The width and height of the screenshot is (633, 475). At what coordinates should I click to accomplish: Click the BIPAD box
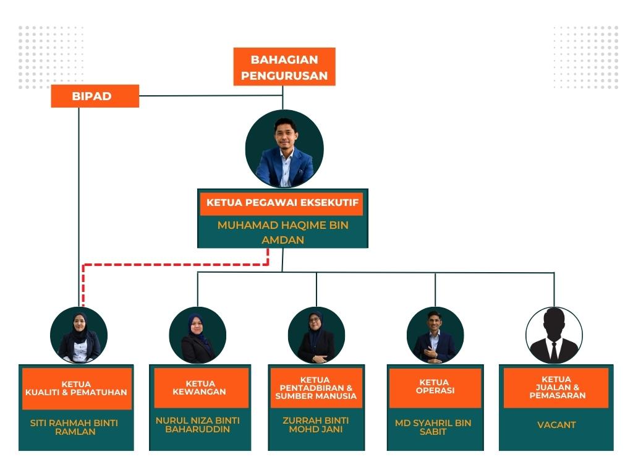point(95,96)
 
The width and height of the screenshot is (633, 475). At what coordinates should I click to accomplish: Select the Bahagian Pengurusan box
point(284,68)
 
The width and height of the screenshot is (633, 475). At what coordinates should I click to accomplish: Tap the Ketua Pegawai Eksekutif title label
point(283,203)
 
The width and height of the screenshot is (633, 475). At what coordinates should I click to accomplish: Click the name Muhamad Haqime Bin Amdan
point(283,232)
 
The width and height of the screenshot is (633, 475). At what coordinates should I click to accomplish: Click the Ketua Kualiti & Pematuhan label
point(77,388)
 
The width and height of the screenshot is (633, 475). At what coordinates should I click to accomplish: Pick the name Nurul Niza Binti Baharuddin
point(198,424)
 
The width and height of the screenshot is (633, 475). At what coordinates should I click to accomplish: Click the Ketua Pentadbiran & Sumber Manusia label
point(316,388)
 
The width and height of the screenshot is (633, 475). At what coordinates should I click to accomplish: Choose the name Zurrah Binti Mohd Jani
point(315,424)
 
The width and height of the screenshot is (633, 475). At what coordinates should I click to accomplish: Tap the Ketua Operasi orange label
point(434,387)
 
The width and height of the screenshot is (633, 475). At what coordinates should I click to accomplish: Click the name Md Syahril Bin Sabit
point(433,427)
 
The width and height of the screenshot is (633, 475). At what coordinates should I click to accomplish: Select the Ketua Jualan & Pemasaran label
point(556,387)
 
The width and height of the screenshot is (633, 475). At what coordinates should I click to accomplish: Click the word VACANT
point(556,425)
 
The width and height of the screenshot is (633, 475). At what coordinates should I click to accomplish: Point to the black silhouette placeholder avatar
point(554,336)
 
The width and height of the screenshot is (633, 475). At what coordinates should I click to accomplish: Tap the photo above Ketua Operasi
point(435,335)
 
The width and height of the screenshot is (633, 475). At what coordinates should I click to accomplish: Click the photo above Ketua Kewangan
point(198,335)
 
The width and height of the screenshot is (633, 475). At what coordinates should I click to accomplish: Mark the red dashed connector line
point(176,265)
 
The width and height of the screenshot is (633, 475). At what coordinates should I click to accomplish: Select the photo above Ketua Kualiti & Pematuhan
point(79,335)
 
